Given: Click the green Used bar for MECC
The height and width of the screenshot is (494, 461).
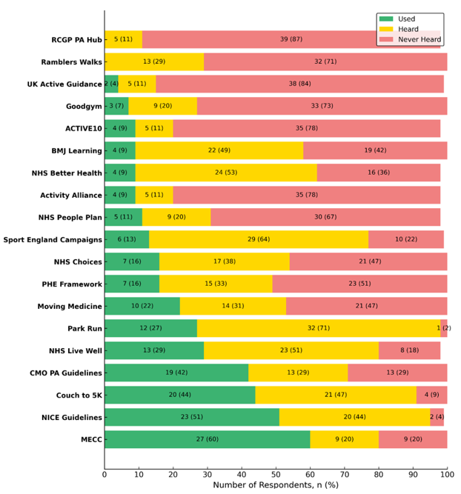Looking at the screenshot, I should (x=207, y=438).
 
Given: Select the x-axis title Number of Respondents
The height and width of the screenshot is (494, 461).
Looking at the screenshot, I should (x=276, y=486).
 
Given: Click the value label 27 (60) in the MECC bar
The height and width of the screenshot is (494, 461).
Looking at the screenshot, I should (x=207, y=438).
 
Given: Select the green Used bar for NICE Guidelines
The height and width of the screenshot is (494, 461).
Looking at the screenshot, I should (x=191, y=417).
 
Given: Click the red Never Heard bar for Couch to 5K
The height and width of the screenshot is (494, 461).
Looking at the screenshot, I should (x=431, y=395).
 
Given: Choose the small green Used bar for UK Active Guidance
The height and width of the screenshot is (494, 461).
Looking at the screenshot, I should (x=110, y=84).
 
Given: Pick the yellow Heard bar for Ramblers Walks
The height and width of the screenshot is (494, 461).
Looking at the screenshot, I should (x=154, y=61).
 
